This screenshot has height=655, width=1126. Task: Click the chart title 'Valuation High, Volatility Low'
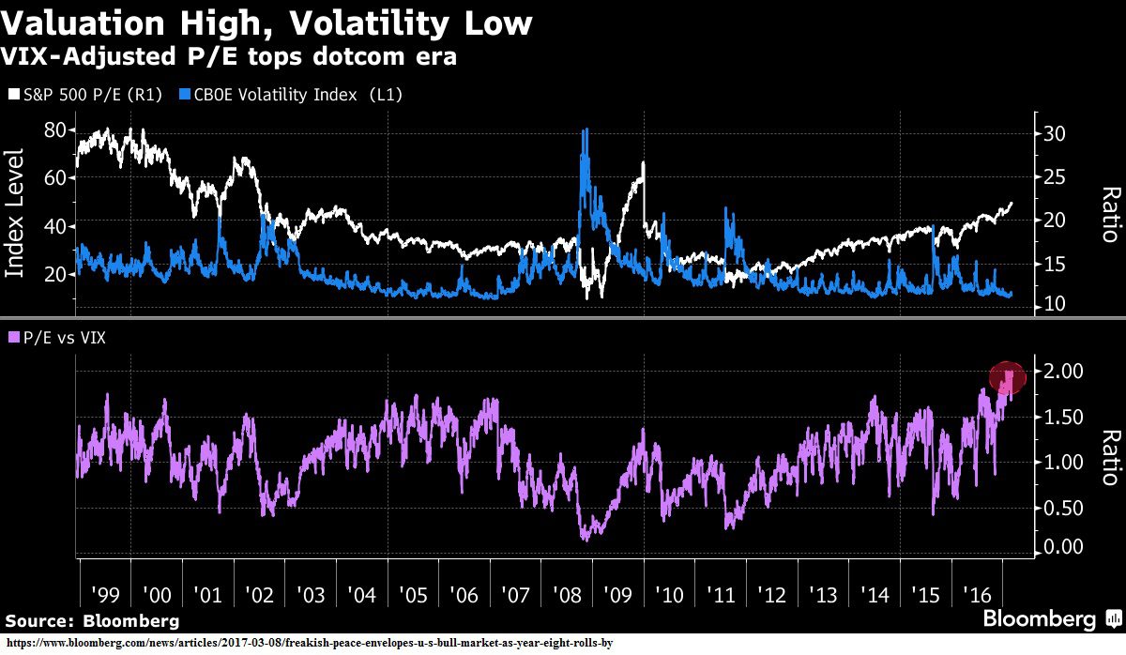coord(267,23)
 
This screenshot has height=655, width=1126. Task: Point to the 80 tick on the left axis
coord(58,129)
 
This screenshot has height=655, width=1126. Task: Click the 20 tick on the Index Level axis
coord(58,274)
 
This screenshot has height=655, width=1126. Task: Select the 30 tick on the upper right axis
coord(1054,133)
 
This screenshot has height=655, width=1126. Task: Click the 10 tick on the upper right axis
coord(1054,304)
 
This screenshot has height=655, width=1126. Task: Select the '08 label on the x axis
coord(567,595)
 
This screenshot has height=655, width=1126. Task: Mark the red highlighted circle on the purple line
coord(1009,377)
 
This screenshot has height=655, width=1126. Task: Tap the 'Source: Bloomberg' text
coord(92,621)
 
